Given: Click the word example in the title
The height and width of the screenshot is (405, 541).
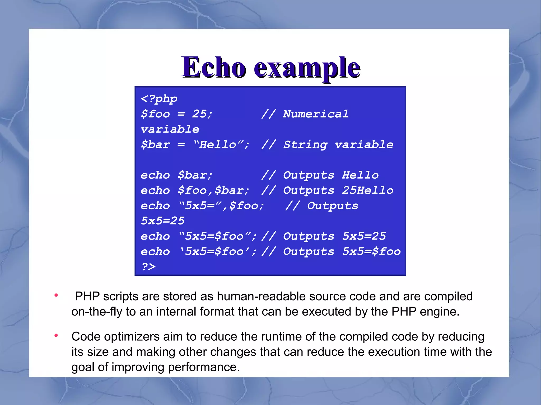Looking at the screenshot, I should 307,68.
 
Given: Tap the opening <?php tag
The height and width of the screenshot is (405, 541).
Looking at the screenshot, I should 159,99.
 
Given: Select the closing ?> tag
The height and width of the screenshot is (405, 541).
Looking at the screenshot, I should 148,267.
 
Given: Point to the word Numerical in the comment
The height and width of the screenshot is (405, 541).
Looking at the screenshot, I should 316,114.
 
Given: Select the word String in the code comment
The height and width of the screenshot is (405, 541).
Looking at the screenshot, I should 305,145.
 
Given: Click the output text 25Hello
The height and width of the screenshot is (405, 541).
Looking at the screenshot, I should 367,190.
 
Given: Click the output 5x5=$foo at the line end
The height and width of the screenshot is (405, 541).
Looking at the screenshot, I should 371,251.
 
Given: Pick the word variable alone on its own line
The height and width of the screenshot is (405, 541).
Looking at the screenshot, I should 170,129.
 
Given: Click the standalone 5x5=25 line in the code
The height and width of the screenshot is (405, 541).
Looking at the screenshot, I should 163,221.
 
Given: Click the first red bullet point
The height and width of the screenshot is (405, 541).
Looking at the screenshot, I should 56,295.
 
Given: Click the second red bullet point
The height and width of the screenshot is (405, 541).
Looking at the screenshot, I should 56,336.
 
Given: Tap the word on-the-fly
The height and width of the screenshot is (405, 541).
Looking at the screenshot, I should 97,312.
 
